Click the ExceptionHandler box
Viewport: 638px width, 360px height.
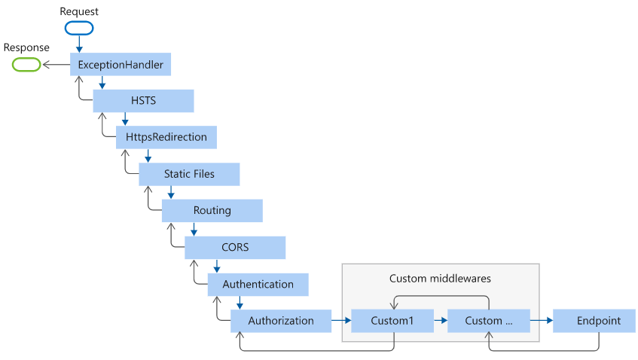(121, 64)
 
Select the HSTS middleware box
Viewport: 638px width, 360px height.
(143, 101)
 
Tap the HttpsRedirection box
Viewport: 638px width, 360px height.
(166, 138)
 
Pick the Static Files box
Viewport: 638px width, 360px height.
(189, 174)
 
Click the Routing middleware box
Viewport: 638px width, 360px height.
(212, 211)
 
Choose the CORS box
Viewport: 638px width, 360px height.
(235, 247)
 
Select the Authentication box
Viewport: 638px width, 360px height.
(258, 285)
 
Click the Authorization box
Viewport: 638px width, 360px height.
(281, 321)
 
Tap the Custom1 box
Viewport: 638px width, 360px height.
(392, 321)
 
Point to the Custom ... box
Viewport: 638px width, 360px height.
(489, 321)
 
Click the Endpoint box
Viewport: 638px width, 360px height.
(594, 321)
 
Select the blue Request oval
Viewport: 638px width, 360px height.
(79, 28)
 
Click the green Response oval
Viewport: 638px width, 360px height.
(26, 65)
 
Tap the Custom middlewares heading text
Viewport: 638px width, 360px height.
(440, 279)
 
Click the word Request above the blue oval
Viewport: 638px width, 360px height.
(79, 11)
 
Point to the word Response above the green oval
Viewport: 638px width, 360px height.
(26, 47)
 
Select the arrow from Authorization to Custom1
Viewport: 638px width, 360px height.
(341, 321)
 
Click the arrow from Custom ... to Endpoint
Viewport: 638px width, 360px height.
(542, 321)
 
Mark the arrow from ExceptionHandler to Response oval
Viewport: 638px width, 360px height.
(56, 65)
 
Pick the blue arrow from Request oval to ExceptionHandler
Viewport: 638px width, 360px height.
(79, 44)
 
